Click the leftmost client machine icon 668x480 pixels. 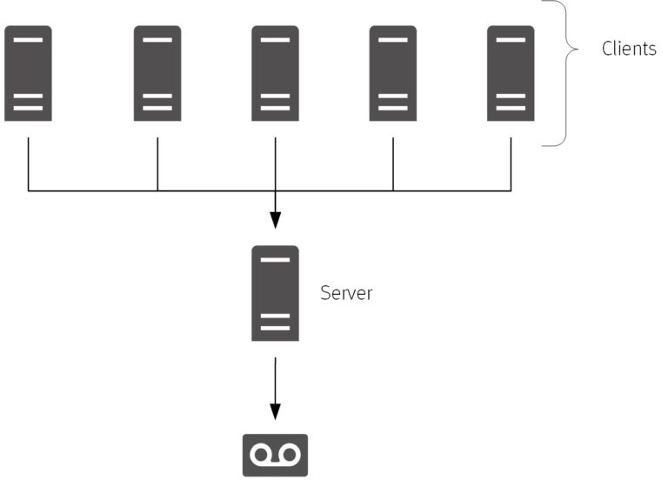click(x=28, y=73)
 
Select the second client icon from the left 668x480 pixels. click(x=157, y=73)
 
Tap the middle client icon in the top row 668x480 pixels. click(x=275, y=73)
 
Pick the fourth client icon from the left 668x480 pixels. click(x=393, y=73)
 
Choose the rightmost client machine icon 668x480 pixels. click(x=511, y=73)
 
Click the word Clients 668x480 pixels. click(x=629, y=49)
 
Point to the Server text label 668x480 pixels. click(x=346, y=293)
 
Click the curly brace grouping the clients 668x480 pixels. click(x=567, y=73)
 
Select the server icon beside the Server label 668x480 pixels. click(x=275, y=293)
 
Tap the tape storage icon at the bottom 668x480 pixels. click(x=275, y=455)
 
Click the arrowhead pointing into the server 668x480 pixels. click(x=275, y=219)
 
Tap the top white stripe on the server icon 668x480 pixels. click(x=275, y=260)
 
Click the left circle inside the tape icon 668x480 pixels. click(x=261, y=454)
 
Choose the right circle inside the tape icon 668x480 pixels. click(x=289, y=454)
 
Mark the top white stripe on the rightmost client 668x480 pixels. click(x=511, y=40)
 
